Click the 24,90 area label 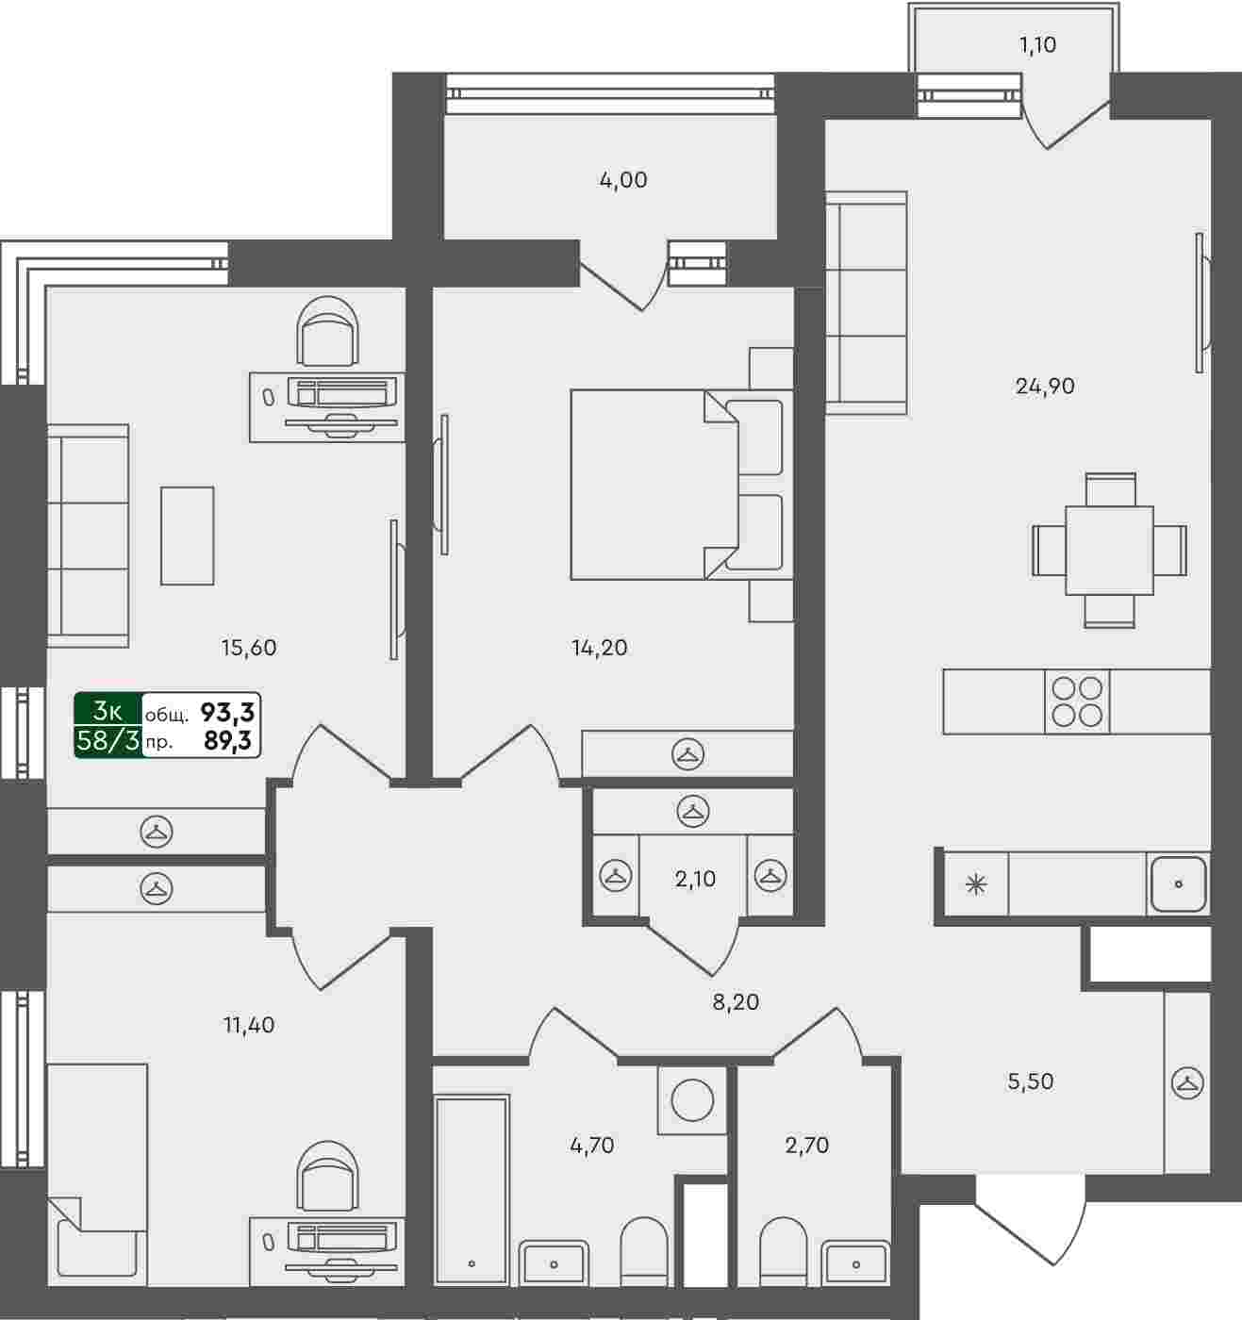pos(1045,387)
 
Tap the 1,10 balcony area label pos(1037,44)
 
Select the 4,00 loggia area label pos(623,179)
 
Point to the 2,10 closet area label pos(695,880)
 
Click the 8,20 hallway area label pos(736,1001)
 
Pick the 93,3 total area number pos(227,713)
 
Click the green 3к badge pos(108,710)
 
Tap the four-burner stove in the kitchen pos(1077,701)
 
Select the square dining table pos(1110,551)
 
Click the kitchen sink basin pos(1179,884)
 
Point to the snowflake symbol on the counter pos(976,884)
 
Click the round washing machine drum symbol pos(692,1100)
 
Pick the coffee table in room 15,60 pos(187,536)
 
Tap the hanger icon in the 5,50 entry pos(1186,1082)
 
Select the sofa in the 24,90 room pos(867,303)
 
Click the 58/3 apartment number pos(108,741)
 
